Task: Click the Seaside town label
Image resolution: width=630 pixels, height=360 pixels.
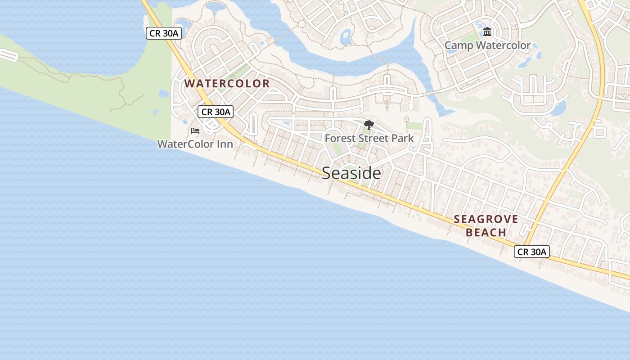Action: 351,173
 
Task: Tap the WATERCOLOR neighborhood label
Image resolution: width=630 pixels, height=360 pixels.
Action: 227,84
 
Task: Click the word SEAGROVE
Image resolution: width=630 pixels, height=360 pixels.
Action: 486,220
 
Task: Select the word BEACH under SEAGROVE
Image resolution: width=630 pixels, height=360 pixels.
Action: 486,233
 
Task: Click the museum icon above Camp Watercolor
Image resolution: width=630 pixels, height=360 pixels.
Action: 487,32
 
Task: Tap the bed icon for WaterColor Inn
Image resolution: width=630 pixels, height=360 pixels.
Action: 195,131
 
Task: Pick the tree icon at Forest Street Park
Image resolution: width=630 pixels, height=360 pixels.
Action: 369,125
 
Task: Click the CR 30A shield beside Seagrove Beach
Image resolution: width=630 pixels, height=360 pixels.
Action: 532,252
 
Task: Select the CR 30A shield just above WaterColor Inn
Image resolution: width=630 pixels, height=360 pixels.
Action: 216,112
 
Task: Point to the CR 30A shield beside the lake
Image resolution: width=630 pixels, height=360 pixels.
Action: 164,33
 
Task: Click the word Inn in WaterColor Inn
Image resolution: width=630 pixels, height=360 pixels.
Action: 224,144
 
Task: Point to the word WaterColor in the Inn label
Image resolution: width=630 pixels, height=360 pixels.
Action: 185,144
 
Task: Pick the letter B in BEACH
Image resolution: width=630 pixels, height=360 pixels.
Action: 470,233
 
